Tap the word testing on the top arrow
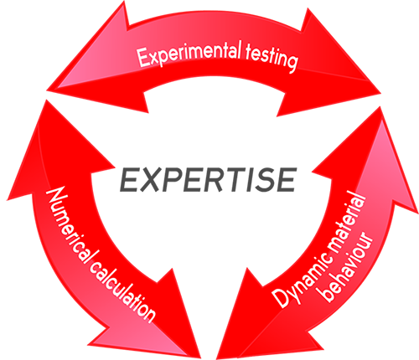[271, 59]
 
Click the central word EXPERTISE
[208, 180]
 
